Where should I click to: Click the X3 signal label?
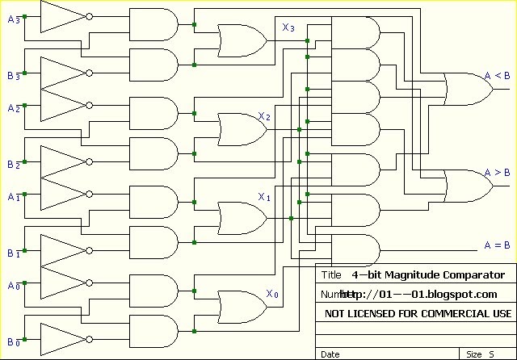(x=288, y=28)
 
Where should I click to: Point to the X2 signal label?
(x=264, y=117)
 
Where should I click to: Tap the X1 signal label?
(x=264, y=197)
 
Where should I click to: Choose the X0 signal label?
(x=272, y=295)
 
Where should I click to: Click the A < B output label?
(x=497, y=77)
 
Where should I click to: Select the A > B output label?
(x=497, y=173)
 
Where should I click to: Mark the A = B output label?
(x=497, y=245)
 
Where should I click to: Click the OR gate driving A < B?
(x=469, y=89)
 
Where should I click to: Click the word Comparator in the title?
(x=469, y=275)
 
